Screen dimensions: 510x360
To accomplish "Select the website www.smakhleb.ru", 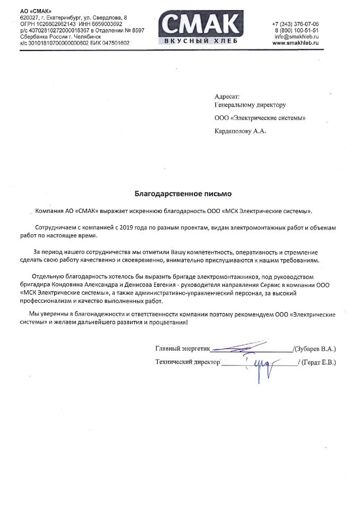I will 295,43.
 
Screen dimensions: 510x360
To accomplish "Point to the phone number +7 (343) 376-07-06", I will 295,24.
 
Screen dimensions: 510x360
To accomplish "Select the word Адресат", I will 227,97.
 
